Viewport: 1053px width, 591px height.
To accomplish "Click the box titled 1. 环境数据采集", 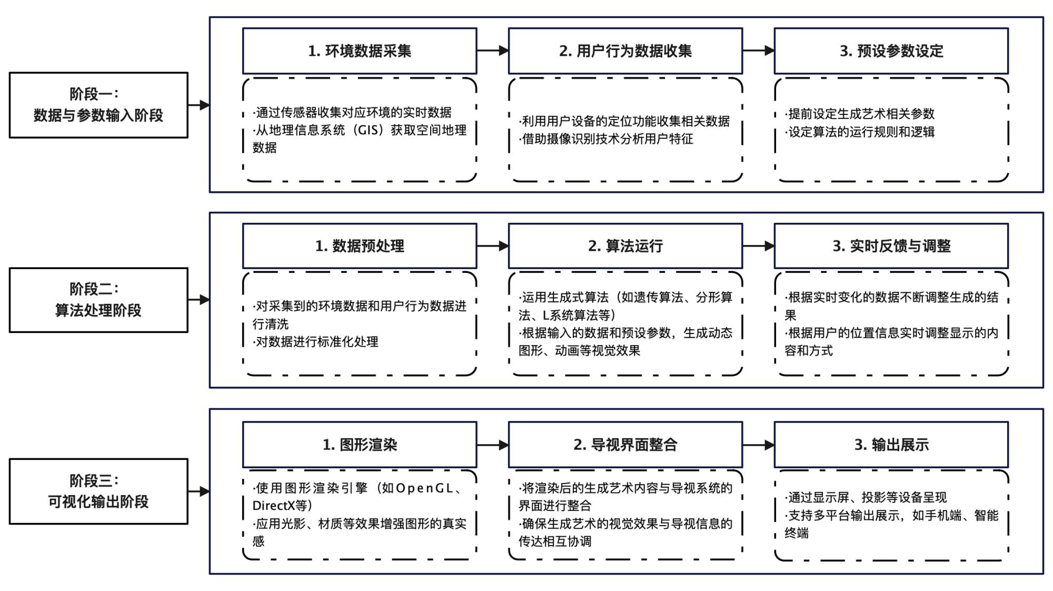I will click(360, 51).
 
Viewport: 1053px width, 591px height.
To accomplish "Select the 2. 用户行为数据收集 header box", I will click(625, 51).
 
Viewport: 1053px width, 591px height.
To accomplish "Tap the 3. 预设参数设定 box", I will click(891, 51).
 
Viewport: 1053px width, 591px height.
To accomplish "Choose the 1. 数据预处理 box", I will click(360, 246).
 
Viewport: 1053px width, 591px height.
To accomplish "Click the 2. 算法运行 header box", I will click(625, 246).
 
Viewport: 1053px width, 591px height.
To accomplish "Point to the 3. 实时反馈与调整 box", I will click(891, 246).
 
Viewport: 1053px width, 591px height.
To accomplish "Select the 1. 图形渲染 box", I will click(360, 445).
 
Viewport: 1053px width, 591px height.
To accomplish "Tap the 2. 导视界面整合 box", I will click(625, 445).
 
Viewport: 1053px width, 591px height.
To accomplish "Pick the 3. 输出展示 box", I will click(891, 445).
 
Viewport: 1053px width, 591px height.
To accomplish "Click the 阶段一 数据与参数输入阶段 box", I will click(98, 105).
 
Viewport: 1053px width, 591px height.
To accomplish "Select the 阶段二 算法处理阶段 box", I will click(98, 300).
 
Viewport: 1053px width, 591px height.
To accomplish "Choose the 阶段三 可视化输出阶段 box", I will click(98, 491).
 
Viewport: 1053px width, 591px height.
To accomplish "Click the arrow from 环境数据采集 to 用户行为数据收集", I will click(492, 51).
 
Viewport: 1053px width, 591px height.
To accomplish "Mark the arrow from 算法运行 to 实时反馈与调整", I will click(758, 246).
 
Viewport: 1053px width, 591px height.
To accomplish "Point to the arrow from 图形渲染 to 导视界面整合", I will click(492, 445).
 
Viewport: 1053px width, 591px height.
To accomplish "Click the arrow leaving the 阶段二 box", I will click(198, 300).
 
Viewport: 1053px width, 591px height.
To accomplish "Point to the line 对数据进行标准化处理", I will click(316, 342).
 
